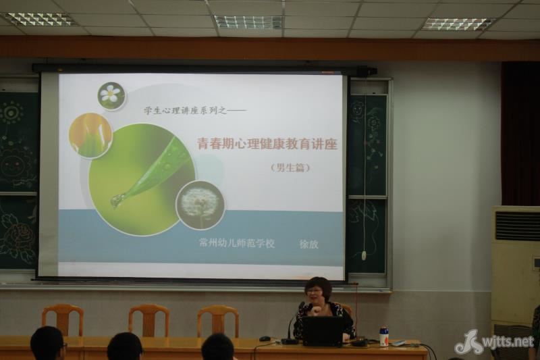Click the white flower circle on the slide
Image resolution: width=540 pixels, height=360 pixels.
(111, 96)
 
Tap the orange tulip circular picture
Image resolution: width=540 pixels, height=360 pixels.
(91, 135)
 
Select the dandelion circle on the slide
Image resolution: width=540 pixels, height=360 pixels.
(200, 205)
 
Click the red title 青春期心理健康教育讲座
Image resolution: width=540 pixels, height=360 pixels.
(267, 144)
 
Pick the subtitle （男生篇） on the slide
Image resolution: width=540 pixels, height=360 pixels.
(290, 168)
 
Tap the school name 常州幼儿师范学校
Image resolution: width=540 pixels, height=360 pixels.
(238, 243)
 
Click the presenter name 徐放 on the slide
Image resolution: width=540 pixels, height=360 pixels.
(309, 245)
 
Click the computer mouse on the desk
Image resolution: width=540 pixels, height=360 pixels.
(265, 338)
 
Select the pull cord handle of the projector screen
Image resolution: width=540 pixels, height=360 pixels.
(364, 255)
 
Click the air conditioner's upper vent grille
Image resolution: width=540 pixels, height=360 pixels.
(517, 226)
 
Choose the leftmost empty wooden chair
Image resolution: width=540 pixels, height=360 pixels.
(63, 320)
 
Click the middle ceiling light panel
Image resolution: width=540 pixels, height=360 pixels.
(248, 22)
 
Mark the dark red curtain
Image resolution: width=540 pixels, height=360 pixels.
(520, 134)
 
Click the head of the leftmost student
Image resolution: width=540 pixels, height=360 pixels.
(47, 343)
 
